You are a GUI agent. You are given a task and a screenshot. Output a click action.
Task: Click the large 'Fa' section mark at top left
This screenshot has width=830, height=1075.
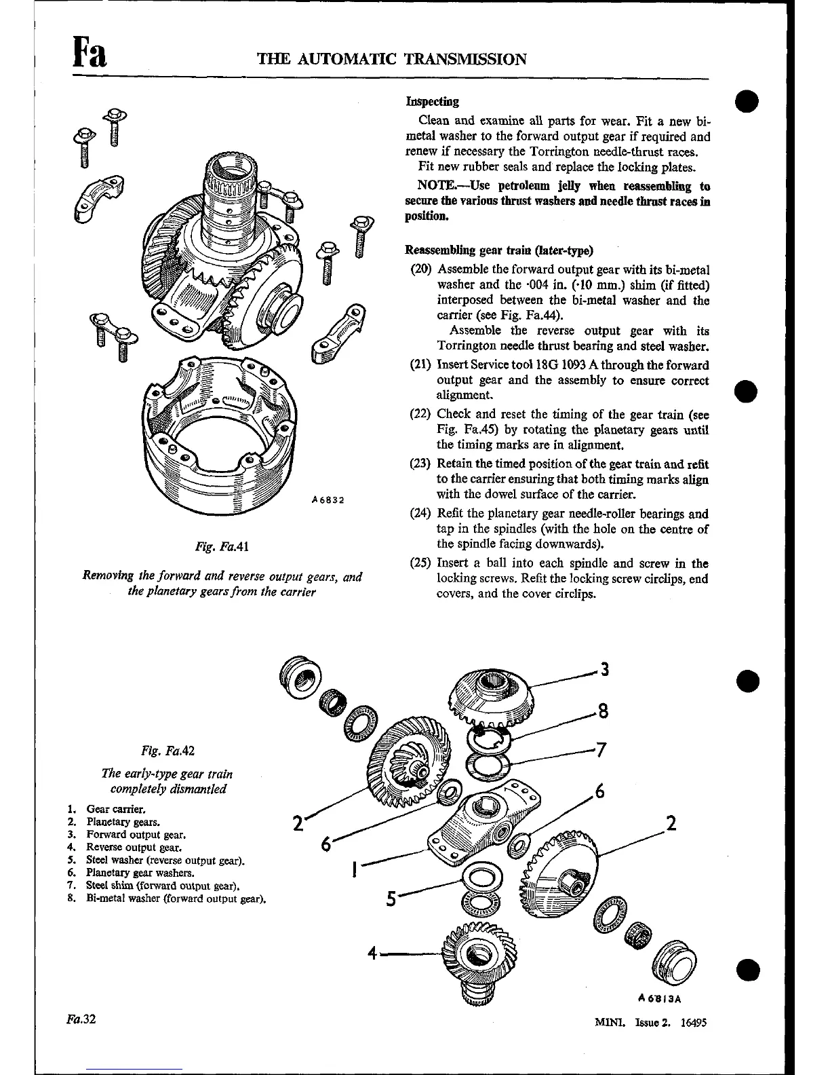point(88,53)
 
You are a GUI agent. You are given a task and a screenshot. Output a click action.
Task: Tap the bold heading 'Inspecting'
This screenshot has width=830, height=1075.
point(432,102)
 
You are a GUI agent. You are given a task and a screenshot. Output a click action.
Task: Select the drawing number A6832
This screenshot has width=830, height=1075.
point(329,501)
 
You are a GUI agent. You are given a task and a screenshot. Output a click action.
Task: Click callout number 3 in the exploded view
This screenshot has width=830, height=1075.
point(605,670)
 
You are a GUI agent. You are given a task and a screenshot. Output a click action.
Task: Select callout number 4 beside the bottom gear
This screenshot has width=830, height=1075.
point(372,953)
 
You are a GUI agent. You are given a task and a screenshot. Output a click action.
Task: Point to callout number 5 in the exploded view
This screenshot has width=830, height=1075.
point(391,899)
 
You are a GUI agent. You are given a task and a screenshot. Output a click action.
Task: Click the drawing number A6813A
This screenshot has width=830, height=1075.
point(659,998)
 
